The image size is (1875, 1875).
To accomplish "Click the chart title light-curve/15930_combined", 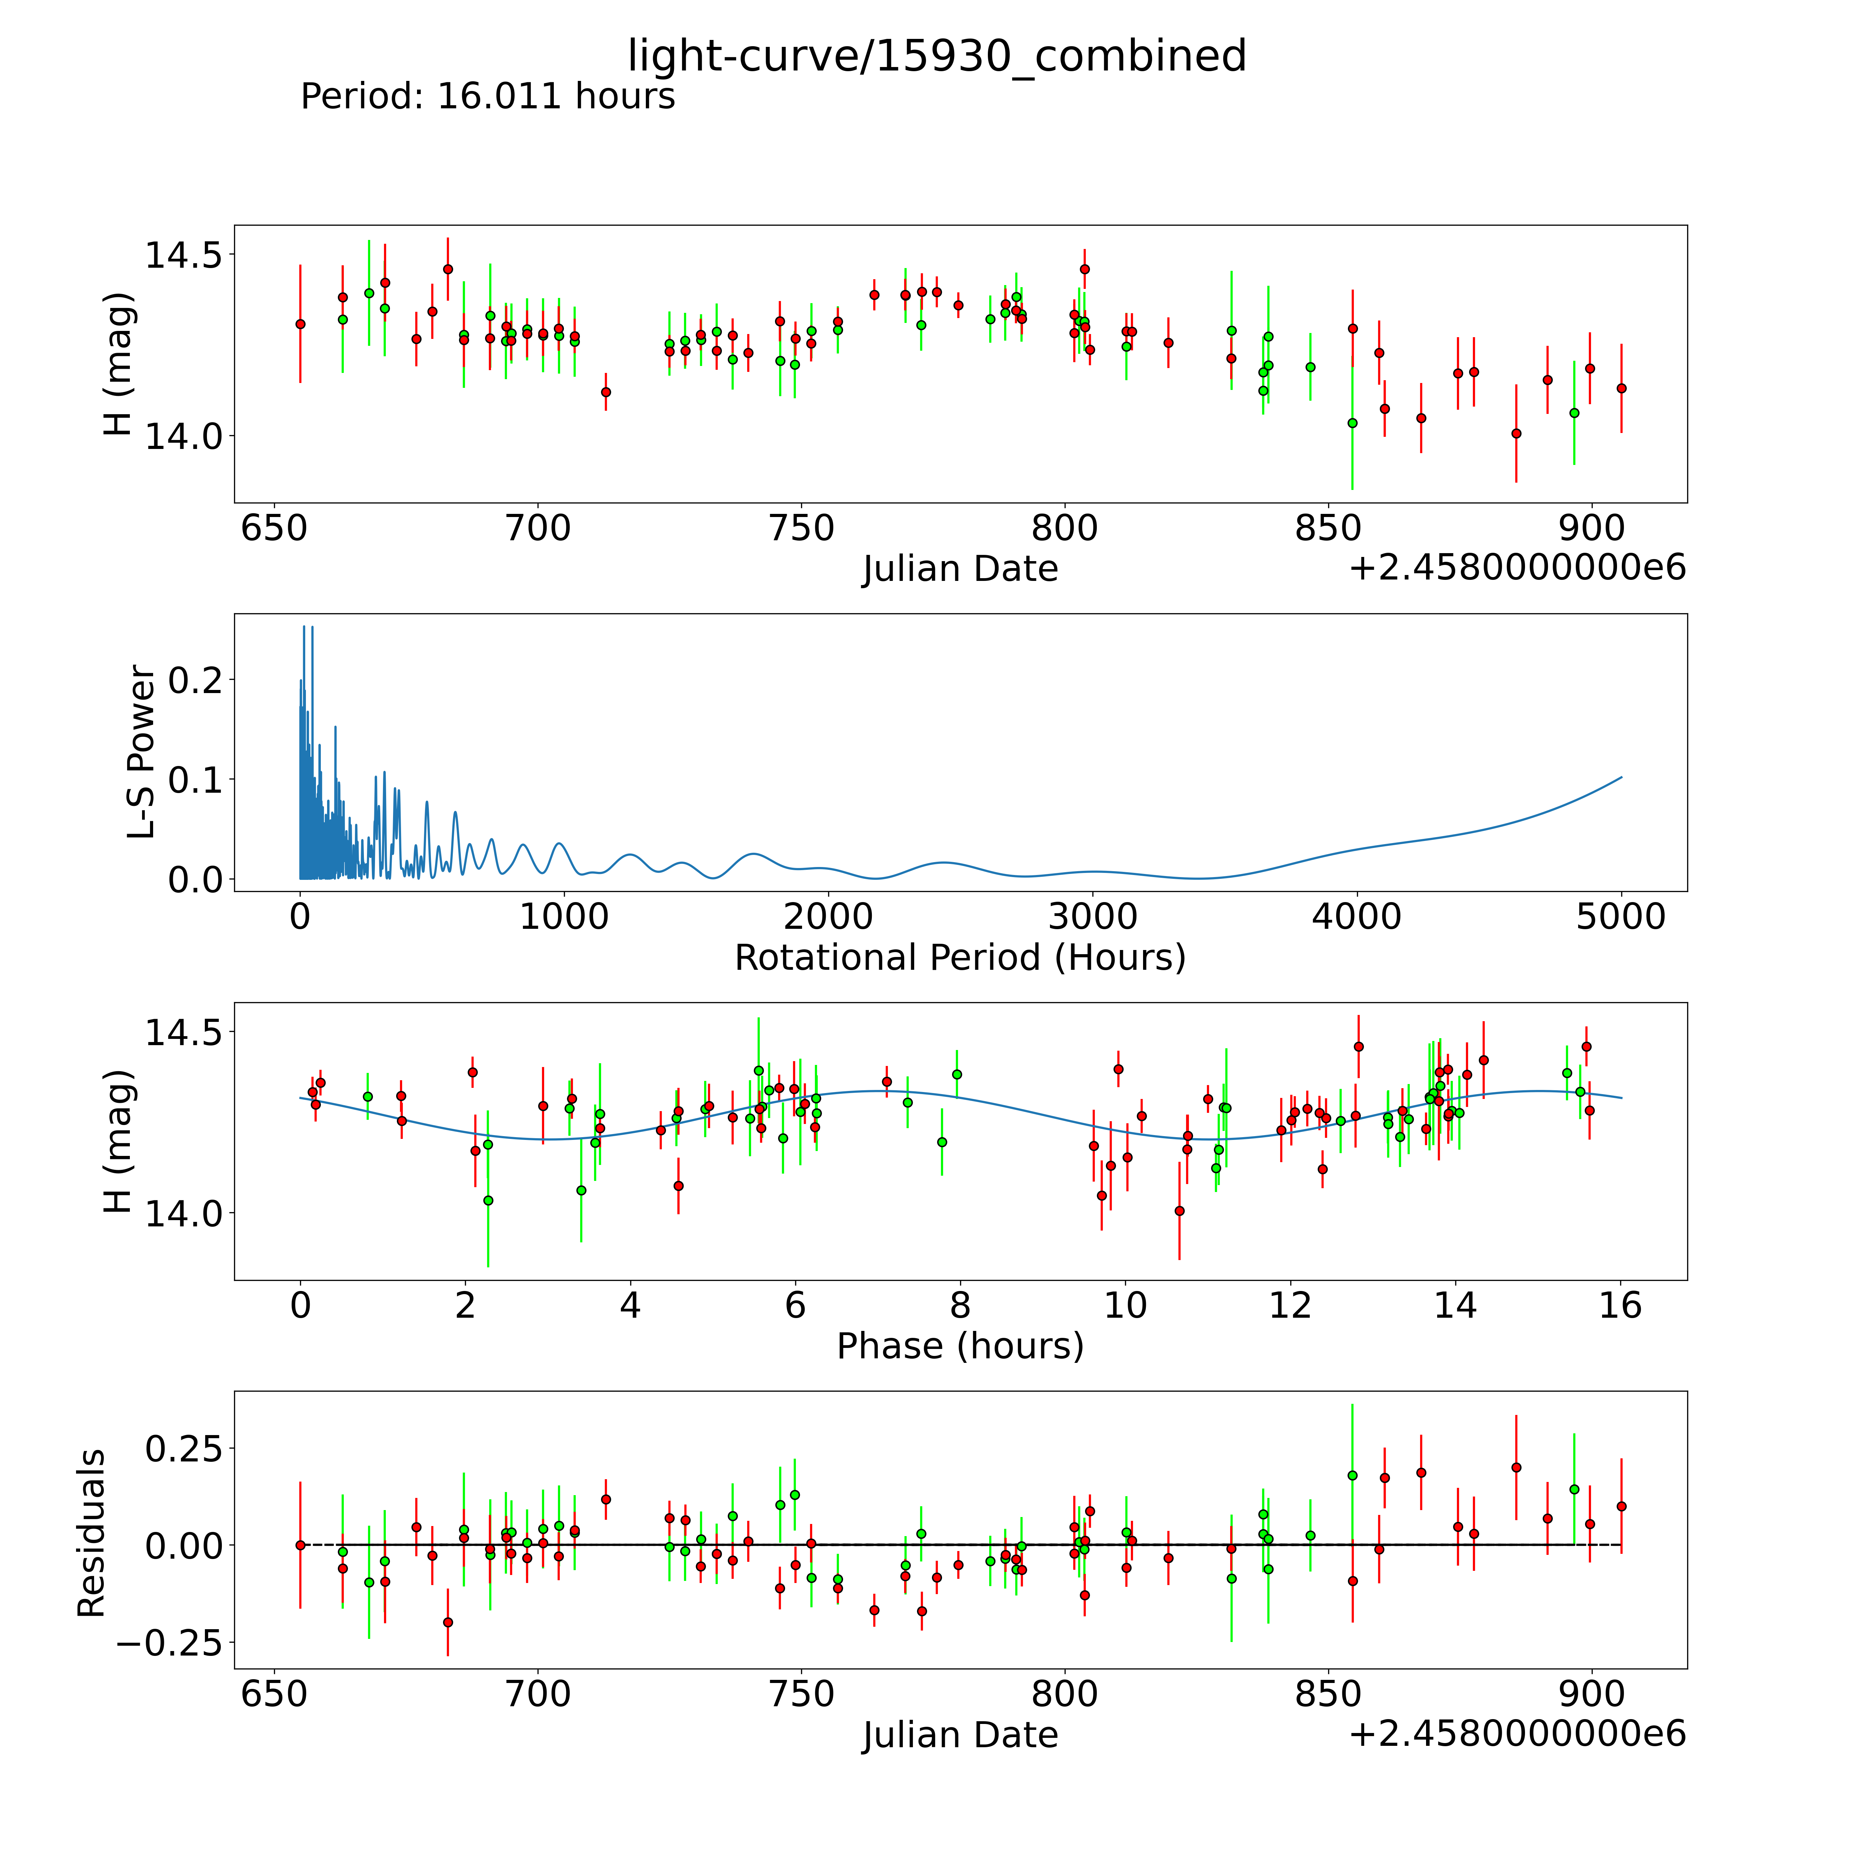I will pos(936,56).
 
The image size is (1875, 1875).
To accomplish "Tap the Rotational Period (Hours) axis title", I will pos(960,958).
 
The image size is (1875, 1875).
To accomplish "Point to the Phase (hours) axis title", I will pos(960,1346).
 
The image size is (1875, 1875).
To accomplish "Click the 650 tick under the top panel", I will pos(274,529).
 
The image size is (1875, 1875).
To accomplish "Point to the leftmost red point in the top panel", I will pos(300,324).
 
